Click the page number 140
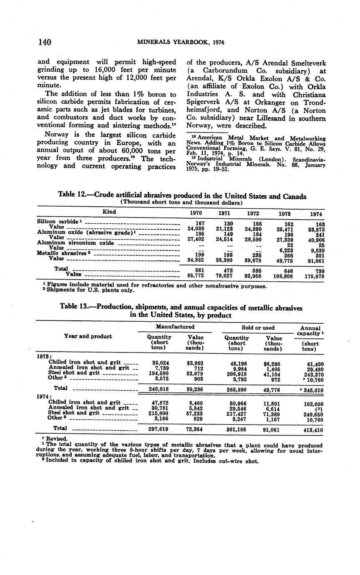[44, 42]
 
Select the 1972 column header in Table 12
[253, 213]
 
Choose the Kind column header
[109, 212]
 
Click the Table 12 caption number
[72, 196]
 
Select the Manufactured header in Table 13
[175, 327]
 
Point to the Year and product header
[87, 336]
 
